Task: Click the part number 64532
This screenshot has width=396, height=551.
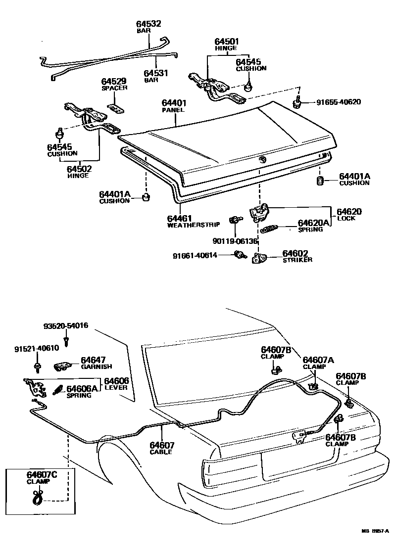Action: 149,24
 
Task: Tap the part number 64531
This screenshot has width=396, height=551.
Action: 156,73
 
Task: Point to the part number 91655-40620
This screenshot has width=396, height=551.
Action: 339,102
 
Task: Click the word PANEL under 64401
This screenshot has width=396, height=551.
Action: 173,110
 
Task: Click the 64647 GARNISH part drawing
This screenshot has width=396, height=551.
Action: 61,366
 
